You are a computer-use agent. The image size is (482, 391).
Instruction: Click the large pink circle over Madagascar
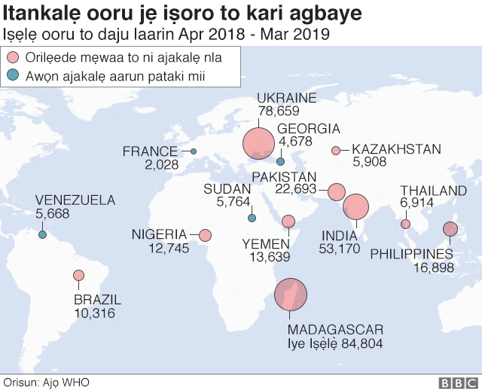coord(291,295)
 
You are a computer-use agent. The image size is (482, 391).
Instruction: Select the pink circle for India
coord(355,206)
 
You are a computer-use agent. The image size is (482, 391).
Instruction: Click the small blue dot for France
coord(194,151)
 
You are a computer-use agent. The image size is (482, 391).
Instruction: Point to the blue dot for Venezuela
coord(43,235)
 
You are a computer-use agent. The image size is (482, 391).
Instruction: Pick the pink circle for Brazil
coord(79,276)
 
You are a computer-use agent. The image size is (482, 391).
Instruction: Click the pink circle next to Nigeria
coord(205,235)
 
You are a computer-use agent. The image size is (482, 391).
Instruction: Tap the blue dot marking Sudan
coord(252,218)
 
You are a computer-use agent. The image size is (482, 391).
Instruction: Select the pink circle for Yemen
coord(288,221)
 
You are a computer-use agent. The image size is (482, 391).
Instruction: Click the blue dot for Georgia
coord(280,161)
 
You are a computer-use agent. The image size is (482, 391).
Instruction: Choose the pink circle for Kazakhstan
coord(336,150)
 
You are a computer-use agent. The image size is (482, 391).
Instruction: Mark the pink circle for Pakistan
coord(336,191)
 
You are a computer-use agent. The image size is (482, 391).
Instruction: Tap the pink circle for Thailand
coord(406,224)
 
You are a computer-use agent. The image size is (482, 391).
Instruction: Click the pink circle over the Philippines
coord(450,230)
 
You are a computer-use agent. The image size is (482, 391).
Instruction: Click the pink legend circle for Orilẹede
coord(12,57)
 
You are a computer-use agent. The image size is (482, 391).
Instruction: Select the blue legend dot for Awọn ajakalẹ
coord(12,75)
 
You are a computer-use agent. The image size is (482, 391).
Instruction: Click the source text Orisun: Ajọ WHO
coord(47,383)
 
